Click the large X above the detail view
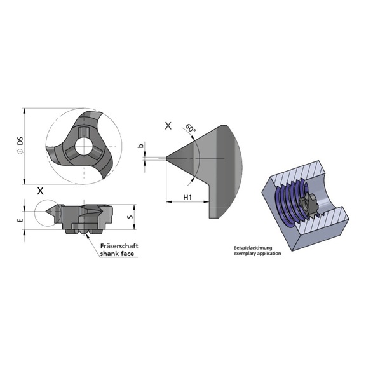click(x=168, y=126)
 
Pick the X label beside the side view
click(x=41, y=190)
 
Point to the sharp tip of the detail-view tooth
click(x=168, y=158)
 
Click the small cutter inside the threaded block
click(x=309, y=203)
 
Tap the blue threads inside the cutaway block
click(x=289, y=197)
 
